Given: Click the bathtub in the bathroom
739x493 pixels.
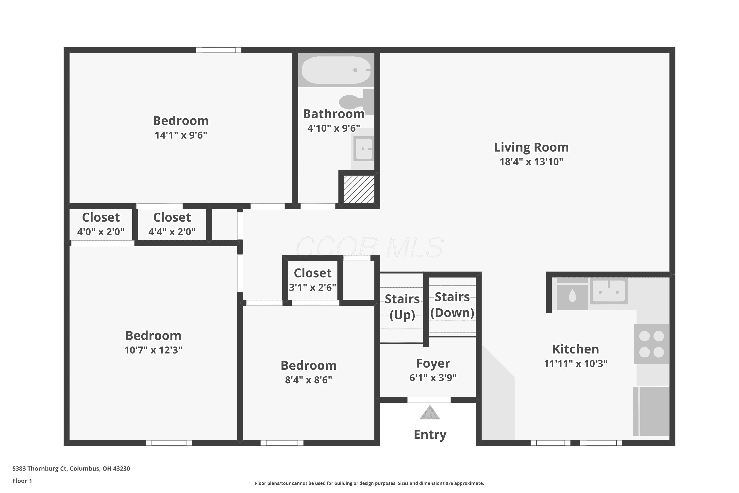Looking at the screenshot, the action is (x=336, y=70).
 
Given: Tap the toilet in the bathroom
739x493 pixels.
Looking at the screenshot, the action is (x=357, y=102).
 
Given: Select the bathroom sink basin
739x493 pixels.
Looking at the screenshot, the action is (x=364, y=148).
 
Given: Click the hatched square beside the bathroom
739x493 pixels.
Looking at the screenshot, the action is (x=359, y=189).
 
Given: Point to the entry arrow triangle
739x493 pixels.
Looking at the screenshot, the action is (x=430, y=412).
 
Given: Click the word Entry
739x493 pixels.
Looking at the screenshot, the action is (x=430, y=435).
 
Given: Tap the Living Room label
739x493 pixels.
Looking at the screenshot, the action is (x=531, y=147).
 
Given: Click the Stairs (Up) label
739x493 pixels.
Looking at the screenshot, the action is (x=402, y=307).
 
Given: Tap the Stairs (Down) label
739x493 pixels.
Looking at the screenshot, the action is (x=452, y=305).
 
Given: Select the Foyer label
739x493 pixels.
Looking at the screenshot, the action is (x=433, y=363).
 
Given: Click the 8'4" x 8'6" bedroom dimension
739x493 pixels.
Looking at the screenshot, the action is (x=309, y=380).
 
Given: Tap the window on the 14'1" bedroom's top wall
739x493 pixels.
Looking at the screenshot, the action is (x=219, y=50).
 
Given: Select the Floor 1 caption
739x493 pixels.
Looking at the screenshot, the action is (x=22, y=481).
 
